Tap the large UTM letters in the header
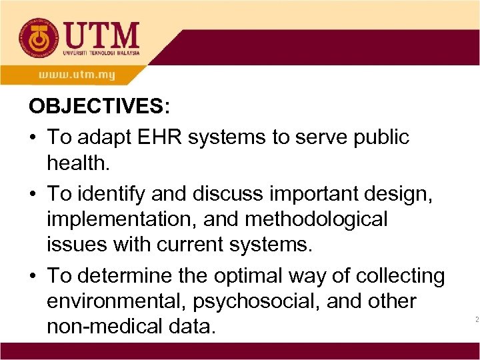click(x=101, y=33)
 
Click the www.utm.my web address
click(x=76, y=74)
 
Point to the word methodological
click(x=320, y=219)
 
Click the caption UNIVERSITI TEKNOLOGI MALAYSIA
click(x=101, y=52)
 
